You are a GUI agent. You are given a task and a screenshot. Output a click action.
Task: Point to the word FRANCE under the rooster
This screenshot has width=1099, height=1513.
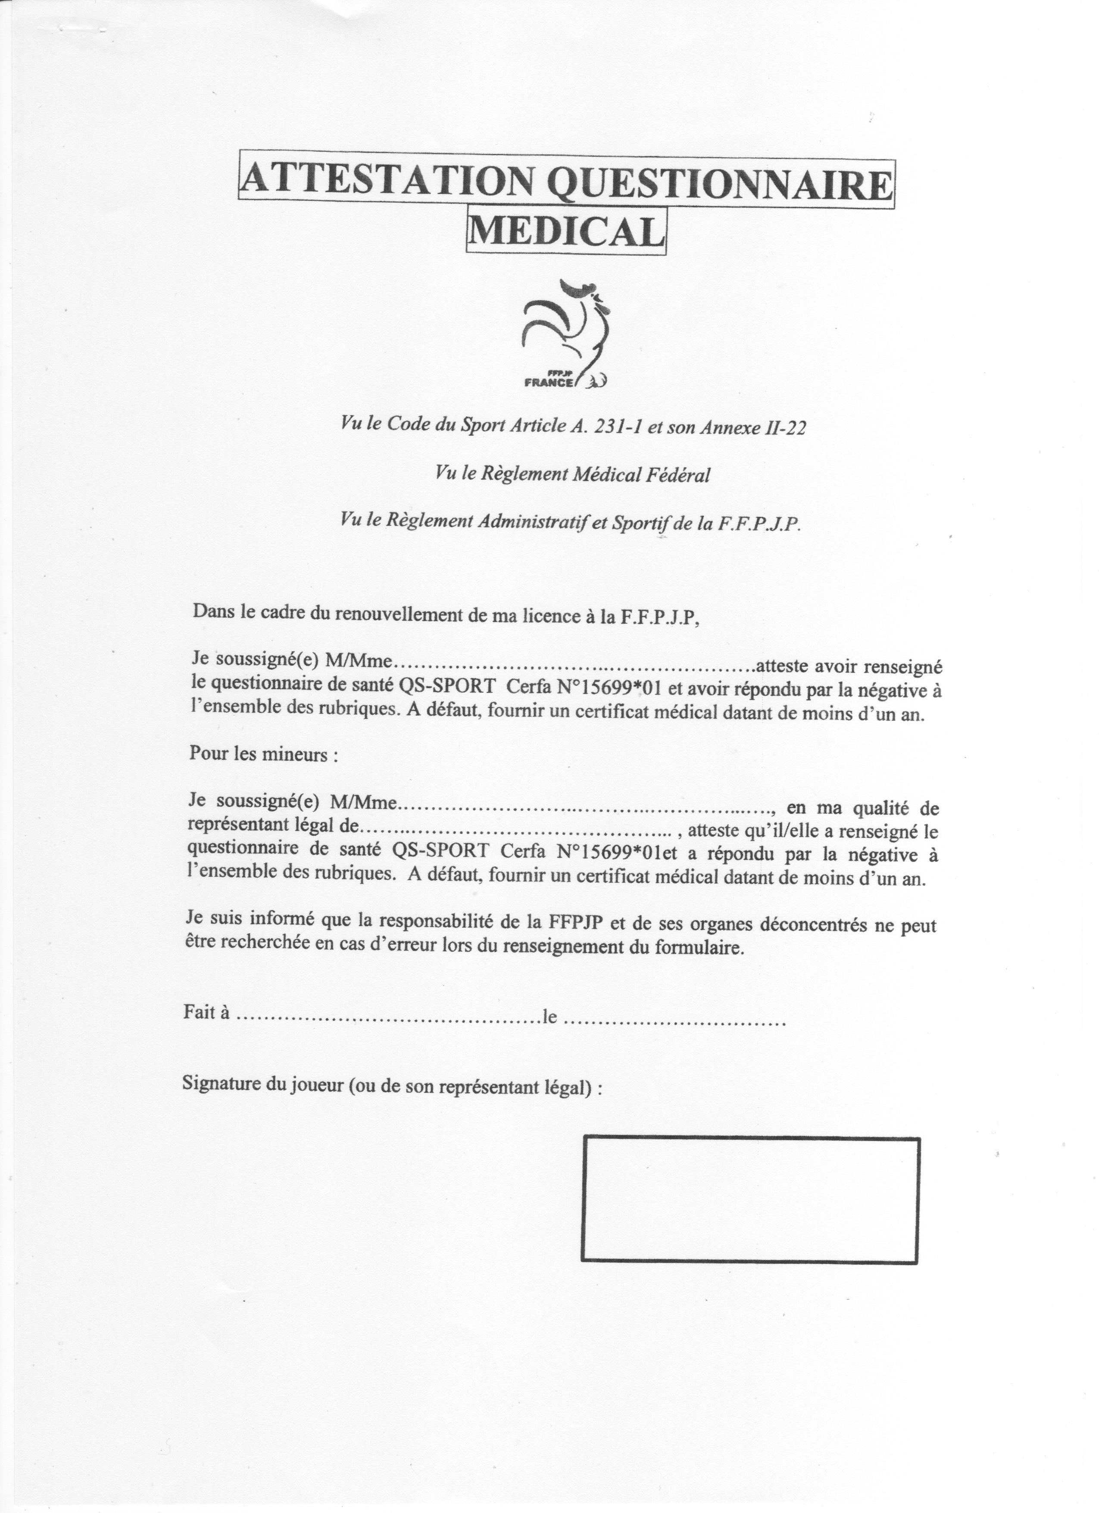click(x=549, y=383)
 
